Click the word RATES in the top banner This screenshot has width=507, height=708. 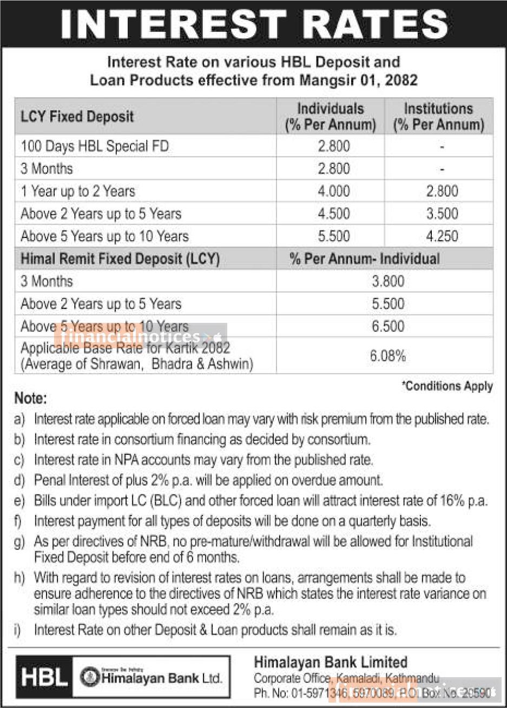click(378, 24)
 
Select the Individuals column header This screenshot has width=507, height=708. click(330, 116)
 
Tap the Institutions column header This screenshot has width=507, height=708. click(438, 116)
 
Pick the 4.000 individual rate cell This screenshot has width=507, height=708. click(334, 191)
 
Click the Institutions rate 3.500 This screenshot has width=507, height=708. click(442, 214)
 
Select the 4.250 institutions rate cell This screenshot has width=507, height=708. click(442, 236)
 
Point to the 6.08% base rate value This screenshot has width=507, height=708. click(388, 356)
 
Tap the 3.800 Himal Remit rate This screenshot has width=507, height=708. click(388, 281)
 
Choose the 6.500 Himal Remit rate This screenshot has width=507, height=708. click(388, 327)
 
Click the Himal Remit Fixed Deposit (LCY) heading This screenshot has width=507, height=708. click(120, 259)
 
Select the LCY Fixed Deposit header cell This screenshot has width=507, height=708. click(77, 116)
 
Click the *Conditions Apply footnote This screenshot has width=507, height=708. click(447, 386)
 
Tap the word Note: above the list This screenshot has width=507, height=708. click(31, 399)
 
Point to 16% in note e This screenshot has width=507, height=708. click(455, 501)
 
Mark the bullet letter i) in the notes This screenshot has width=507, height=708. click(18, 630)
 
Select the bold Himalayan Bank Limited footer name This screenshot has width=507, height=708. click(331, 662)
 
